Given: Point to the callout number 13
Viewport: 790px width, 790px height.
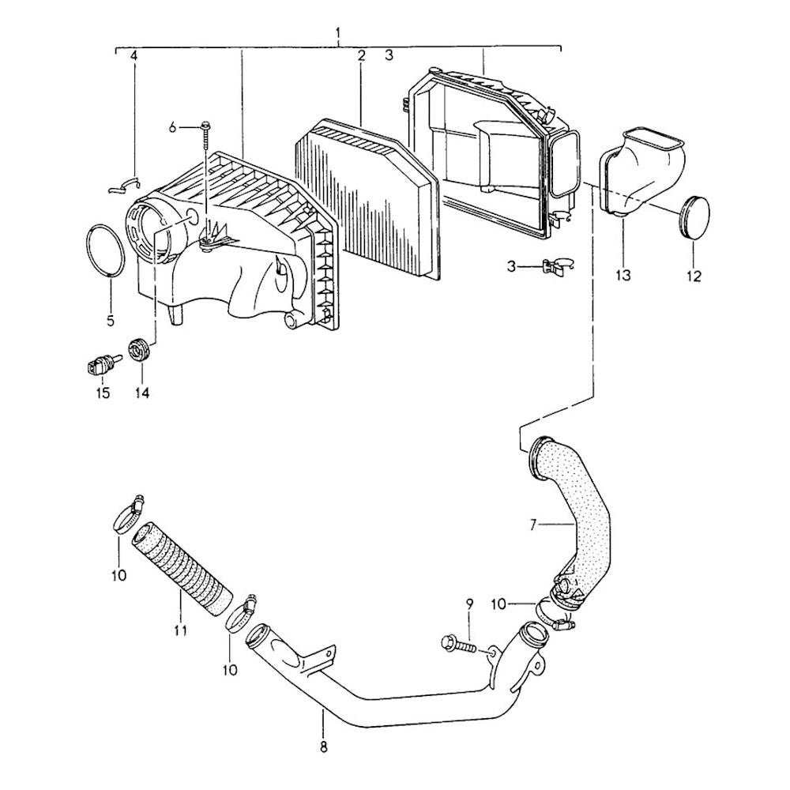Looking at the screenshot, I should pyautogui.click(x=623, y=275).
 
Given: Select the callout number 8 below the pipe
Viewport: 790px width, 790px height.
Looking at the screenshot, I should pyautogui.click(x=323, y=746).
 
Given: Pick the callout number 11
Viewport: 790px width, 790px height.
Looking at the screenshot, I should pyautogui.click(x=180, y=630).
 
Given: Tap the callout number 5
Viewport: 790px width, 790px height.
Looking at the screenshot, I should pyautogui.click(x=110, y=321).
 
